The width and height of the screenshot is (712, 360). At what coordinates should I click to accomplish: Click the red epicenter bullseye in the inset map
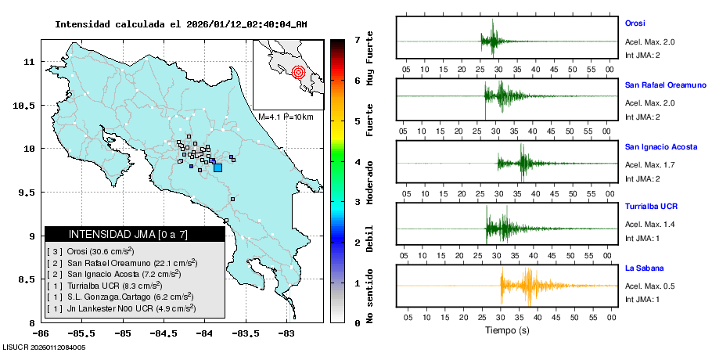pyautogui.click(x=297, y=73)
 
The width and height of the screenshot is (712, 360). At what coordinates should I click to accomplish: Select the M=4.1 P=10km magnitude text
pyautogui.click(x=286, y=117)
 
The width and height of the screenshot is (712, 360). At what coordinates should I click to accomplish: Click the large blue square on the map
pyautogui.click(x=218, y=167)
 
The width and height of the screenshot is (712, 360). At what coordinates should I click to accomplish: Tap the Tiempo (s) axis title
pyautogui.click(x=507, y=330)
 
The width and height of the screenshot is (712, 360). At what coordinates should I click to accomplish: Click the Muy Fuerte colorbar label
pyautogui.click(x=369, y=59)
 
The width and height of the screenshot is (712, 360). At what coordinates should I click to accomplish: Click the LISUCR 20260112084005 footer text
pyautogui.click(x=44, y=347)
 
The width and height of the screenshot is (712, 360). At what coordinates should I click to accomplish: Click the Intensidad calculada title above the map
pyautogui.click(x=181, y=24)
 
